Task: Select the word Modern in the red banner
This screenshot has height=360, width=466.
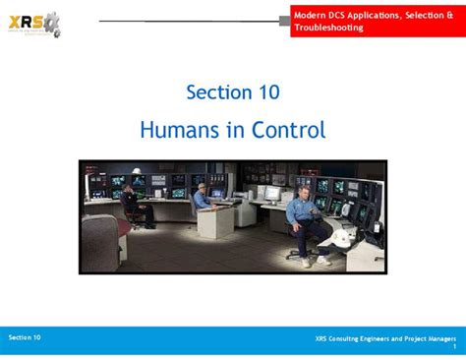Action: (x=311, y=13)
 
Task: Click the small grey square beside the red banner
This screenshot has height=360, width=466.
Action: (x=285, y=20)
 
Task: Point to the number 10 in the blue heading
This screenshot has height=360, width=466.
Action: (x=264, y=91)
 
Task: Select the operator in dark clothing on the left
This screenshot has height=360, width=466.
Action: (x=132, y=203)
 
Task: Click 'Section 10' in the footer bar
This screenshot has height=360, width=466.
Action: (x=25, y=337)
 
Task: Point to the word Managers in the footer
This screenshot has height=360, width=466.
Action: (x=438, y=339)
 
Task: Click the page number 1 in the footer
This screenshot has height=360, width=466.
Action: (x=454, y=348)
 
